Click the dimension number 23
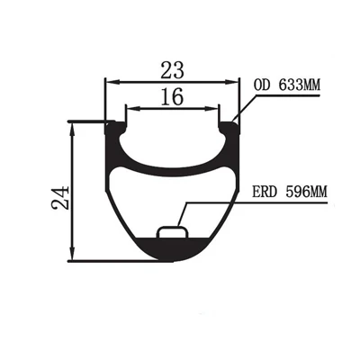[172, 70]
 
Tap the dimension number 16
[172, 97]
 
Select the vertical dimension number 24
[60, 198]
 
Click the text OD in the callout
[261, 85]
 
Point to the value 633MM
[300, 85]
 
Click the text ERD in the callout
[264, 192]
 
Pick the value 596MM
[306, 192]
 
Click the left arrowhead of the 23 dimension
[113, 82]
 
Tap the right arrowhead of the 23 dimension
[232, 82]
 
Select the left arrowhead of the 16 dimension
[134, 109]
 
